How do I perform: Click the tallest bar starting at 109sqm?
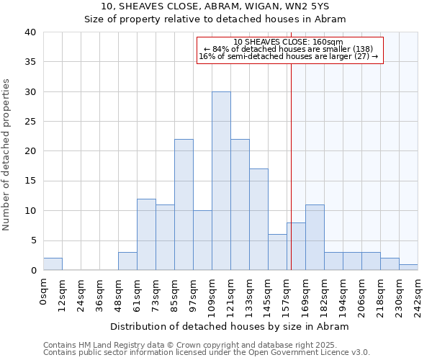(221, 181)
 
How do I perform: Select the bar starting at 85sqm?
(184, 204)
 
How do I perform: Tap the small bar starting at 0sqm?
(53, 264)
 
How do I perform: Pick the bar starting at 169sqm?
(315, 238)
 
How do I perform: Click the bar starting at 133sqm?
(258, 220)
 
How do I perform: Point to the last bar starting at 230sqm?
(408, 267)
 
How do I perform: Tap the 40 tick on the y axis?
(30, 32)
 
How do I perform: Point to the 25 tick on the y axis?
(30, 122)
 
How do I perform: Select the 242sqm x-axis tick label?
(418, 295)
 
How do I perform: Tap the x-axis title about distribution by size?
(231, 326)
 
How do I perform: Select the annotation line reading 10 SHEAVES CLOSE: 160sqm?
(289, 42)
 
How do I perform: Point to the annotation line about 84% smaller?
(289, 49)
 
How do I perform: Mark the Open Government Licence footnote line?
(207, 353)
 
